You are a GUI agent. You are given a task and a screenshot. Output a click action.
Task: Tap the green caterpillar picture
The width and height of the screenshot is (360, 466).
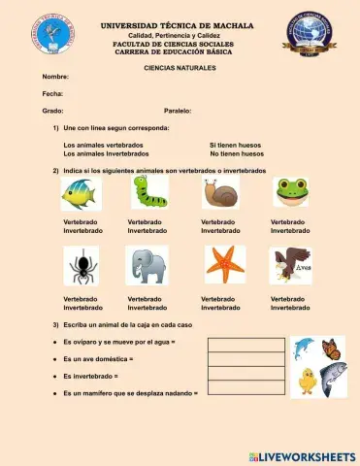(150, 191)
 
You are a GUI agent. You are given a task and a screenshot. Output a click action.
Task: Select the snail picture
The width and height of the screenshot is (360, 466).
(220, 193)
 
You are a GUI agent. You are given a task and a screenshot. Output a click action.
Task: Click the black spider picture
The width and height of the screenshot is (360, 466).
(82, 264)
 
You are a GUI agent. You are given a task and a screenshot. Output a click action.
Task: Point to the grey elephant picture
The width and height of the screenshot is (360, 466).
(147, 264)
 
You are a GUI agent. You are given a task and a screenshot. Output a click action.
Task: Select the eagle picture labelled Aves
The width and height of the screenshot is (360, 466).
(291, 263)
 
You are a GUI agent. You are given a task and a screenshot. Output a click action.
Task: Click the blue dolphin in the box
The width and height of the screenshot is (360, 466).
(304, 348)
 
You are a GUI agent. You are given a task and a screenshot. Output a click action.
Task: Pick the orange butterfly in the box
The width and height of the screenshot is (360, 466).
(331, 348)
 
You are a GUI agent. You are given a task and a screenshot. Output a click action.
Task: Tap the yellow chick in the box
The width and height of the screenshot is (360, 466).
(308, 381)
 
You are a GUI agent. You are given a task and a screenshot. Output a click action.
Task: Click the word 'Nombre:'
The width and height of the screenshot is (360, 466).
(55, 76)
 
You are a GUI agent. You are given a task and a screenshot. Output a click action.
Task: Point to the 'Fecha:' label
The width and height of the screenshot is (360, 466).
(52, 93)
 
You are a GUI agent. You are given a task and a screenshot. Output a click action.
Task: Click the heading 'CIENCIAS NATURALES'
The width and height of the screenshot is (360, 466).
(180, 68)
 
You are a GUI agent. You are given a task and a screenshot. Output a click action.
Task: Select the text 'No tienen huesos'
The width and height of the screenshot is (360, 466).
(237, 153)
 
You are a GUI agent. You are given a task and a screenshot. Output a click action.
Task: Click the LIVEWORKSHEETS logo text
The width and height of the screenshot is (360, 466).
(309, 455)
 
